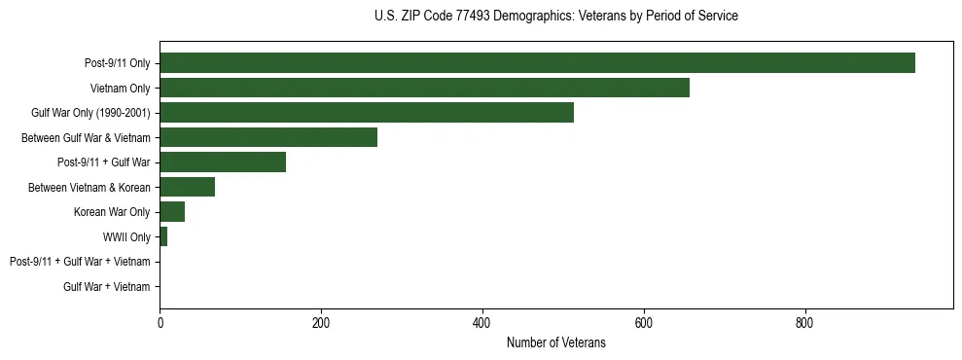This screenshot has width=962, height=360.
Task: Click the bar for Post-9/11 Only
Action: [x=537, y=63]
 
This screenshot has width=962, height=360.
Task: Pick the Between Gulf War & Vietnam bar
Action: [x=268, y=137]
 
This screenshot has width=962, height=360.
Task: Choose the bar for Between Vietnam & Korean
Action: [x=187, y=187]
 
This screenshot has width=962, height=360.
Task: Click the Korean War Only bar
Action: [x=172, y=212]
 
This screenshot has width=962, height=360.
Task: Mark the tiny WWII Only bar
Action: [x=163, y=236]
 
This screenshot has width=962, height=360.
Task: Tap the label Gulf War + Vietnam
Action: [x=107, y=287]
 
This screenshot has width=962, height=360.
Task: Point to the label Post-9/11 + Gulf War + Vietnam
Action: [x=80, y=262]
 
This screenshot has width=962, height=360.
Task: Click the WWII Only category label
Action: [x=126, y=237]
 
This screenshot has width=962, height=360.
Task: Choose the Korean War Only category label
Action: [x=112, y=212]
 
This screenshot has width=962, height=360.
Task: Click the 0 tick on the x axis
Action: [x=160, y=322]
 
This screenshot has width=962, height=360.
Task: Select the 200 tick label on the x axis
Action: [x=321, y=322]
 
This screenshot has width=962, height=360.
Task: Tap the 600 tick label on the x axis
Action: [x=643, y=322]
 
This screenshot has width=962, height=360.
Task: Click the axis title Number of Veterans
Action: [x=555, y=342]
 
